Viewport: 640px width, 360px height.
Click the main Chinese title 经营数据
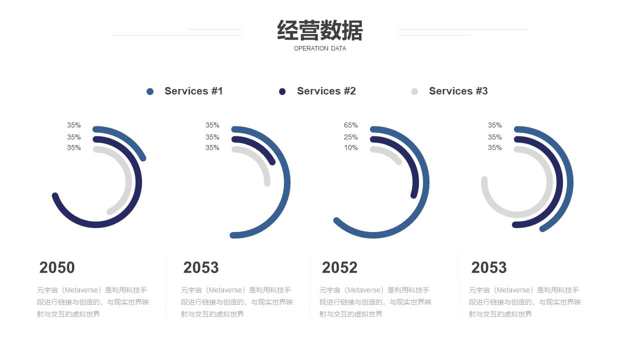[x=319, y=30]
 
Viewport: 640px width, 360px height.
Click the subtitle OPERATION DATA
[x=320, y=48]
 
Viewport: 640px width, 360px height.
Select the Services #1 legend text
[x=193, y=91]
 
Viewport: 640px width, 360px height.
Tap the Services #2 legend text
[x=326, y=91]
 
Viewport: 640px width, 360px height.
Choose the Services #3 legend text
[x=458, y=91]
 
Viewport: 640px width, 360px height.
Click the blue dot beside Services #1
[x=150, y=91]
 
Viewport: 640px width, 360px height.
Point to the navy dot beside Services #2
[x=282, y=91]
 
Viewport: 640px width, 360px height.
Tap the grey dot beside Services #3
[x=414, y=91]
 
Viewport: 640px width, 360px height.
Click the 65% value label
[x=350, y=125]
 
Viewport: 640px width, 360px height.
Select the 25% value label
[x=350, y=137]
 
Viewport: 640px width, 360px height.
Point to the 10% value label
[x=350, y=147]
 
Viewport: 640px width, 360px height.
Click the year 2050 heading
[x=57, y=267]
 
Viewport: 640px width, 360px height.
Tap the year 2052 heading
[x=339, y=267]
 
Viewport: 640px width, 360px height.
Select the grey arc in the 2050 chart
[x=128, y=183]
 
